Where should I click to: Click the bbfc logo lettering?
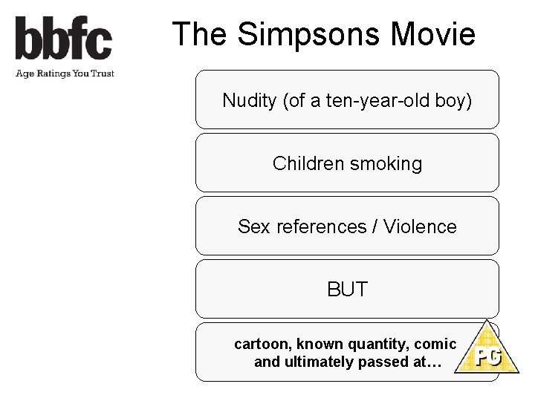(x=64, y=39)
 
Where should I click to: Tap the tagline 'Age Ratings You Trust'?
(x=64, y=73)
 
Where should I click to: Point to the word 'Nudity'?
(x=250, y=100)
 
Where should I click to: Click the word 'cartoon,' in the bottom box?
(x=263, y=345)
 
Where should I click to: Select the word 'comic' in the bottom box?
(x=435, y=345)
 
